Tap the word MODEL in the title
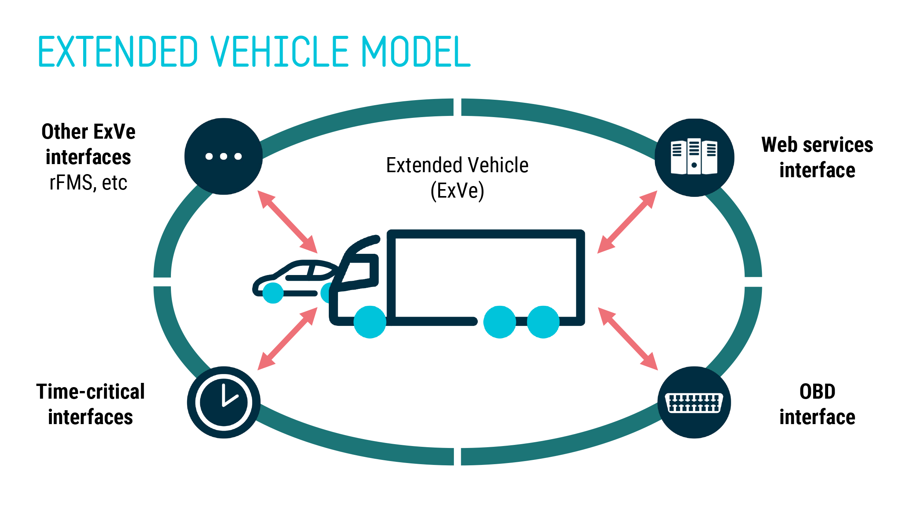coord(416,52)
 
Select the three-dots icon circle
coord(224,156)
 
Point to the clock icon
coord(224,402)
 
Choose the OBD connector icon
coord(694,403)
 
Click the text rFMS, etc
coord(88,183)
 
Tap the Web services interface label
coord(817,157)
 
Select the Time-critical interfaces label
coord(90,404)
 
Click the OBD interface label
coord(817,404)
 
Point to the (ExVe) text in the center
coord(457,191)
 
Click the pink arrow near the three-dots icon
coord(287,222)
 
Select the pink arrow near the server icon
coord(627,222)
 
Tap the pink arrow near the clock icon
coord(287,339)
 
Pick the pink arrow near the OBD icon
coord(628,339)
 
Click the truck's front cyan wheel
coord(370,322)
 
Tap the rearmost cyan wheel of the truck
coord(543,322)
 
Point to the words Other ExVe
coord(88,132)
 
